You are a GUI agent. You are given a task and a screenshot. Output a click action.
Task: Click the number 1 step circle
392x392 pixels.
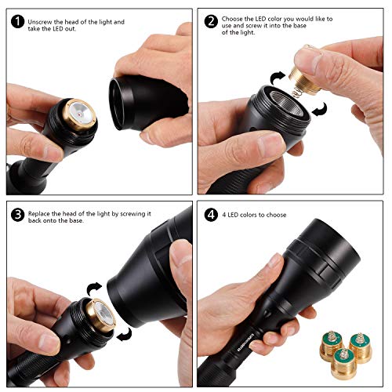click(x=16, y=21)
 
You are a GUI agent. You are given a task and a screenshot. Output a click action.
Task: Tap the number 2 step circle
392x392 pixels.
click(x=210, y=21)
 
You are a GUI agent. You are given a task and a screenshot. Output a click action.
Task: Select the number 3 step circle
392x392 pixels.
click(x=16, y=213)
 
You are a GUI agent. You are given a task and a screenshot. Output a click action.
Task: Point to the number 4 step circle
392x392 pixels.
click(x=210, y=213)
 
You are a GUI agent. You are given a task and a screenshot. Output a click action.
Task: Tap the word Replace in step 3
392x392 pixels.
click(x=42, y=213)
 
